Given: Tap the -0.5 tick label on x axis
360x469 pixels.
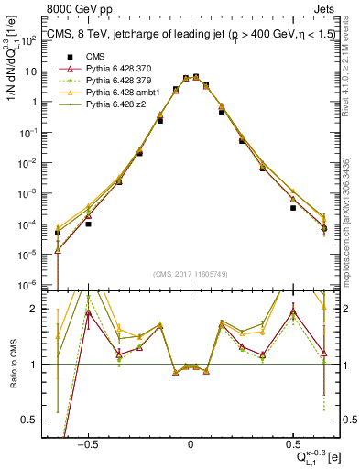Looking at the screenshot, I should (x=86, y=444).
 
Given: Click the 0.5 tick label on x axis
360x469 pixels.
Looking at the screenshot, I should (x=292, y=444).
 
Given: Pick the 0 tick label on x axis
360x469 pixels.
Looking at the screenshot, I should (x=190, y=444).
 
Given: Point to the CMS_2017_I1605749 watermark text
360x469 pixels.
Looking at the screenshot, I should (x=190, y=274).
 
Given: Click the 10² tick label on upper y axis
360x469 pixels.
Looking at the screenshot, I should (x=38, y=41).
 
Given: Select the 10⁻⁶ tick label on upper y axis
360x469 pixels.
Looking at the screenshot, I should (x=38, y=283).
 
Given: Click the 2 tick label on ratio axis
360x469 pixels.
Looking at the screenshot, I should (x=43, y=309).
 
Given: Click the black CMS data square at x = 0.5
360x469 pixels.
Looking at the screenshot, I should (x=293, y=208).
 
